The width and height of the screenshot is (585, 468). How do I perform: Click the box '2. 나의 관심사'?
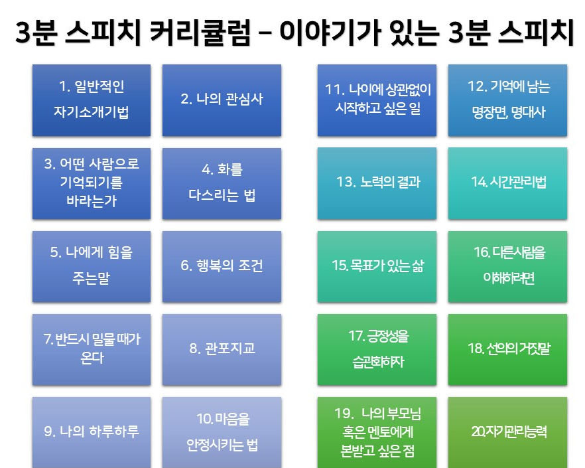point(222,100)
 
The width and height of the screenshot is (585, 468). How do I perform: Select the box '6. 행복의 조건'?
point(222,266)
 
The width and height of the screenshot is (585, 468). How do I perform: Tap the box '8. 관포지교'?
point(222,350)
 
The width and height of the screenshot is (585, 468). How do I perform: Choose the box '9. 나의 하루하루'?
point(92,432)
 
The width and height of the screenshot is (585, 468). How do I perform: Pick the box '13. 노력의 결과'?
point(377,183)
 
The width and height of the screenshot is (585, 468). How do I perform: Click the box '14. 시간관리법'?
point(507,183)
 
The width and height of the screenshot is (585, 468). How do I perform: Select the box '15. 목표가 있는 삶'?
point(377,266)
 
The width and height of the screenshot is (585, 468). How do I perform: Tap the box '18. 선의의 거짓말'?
point(507,350)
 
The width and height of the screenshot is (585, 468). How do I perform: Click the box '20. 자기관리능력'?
point(507,432)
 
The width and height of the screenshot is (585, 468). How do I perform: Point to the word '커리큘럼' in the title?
point(200,33)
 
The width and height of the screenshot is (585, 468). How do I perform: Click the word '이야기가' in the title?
point(330,33)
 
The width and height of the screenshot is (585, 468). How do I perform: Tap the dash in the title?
point(265,33)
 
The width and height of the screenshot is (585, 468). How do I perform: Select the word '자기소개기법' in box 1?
point(92,112)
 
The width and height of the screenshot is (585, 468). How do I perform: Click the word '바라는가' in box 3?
point(92,201)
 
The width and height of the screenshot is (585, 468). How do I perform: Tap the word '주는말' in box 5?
point(92,278)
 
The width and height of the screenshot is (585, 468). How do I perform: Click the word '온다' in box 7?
point(92,358)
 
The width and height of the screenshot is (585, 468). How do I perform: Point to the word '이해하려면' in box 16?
point(509,278)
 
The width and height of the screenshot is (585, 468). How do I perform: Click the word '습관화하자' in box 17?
point(378,362)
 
